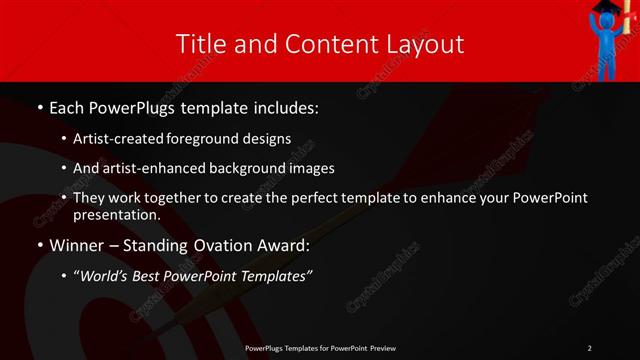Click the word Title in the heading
click(x=201, y=44)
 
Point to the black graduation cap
click(x=607, y=9)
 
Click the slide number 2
click(x=590, y=347)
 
